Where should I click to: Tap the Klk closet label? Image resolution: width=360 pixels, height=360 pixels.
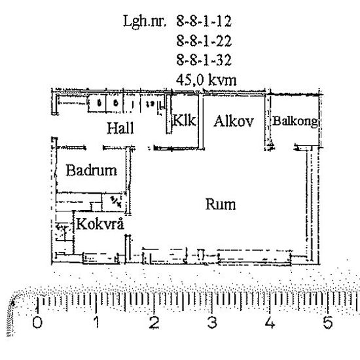184,121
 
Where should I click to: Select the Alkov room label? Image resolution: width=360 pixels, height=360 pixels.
233,121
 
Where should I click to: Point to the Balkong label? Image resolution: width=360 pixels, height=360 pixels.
295,122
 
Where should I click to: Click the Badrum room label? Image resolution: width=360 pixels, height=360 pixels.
92,171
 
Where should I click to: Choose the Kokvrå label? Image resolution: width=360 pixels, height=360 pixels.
101,225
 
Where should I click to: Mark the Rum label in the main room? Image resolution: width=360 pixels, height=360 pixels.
221,204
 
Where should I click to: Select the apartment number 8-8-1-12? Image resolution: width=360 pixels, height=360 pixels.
204,22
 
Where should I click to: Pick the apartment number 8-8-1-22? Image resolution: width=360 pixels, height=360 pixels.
204,41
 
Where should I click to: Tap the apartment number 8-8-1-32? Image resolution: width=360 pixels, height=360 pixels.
204,60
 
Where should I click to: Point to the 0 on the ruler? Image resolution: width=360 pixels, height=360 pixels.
37,323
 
